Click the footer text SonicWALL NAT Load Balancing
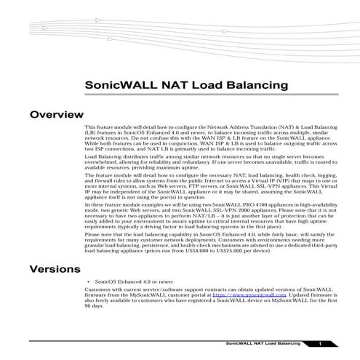click(263, 342)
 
